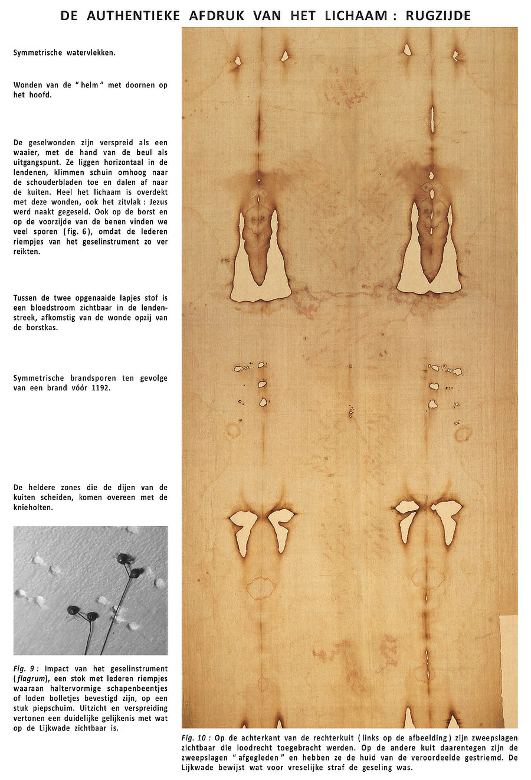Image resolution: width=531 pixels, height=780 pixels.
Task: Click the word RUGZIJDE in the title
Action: [438, 15]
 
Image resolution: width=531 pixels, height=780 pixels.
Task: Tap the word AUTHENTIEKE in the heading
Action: [133, 15]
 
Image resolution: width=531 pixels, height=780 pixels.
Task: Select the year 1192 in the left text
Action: [100, 388]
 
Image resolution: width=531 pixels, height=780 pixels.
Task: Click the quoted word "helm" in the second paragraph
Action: [90, 85]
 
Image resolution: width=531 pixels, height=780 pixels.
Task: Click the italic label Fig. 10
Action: [196, 738]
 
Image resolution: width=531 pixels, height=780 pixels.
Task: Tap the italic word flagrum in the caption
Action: [34, 678]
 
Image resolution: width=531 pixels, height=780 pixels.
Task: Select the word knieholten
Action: [33, 507]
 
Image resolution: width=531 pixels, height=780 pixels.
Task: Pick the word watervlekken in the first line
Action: [89, 53]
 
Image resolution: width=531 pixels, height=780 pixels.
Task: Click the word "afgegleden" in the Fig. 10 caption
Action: [264, 758]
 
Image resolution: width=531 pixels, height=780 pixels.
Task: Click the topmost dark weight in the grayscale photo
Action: [123, 559]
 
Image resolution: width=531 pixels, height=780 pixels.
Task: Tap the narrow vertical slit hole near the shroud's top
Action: [432, 119]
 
